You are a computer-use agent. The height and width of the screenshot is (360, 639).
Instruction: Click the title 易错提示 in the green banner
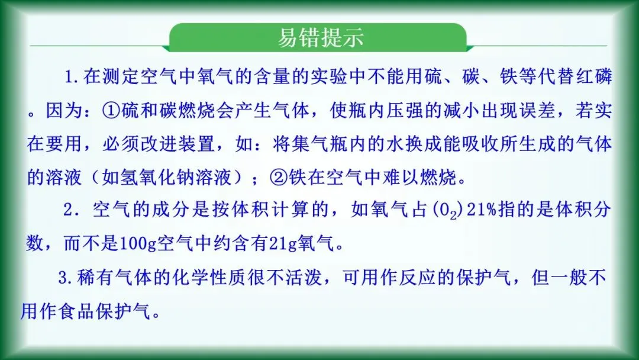(320, 37)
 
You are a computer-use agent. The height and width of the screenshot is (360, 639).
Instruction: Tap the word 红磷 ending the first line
(593, 77)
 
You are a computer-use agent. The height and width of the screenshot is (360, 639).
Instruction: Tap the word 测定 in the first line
(119, 77)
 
